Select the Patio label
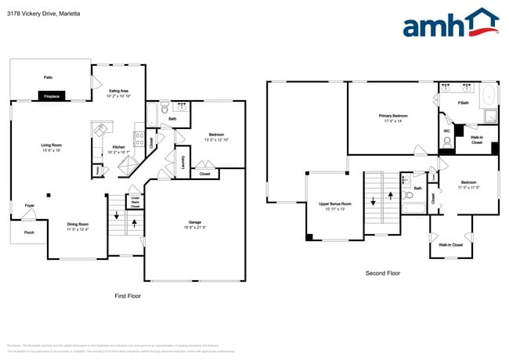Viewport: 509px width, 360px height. [x=49, y=77]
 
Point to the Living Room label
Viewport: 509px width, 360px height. [x=52, y=145]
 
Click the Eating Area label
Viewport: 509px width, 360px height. [x=119, y=91]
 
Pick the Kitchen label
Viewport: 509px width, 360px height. [x=118, y=147]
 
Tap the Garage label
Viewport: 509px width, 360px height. [x=195, y=222]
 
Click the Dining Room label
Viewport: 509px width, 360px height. [x=78, y=225]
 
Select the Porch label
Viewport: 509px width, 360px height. [x=29, y=232]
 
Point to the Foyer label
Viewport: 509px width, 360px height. [x=29, y=206]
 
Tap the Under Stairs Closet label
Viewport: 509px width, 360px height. [x=135, y=201]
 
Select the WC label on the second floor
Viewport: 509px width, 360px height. [x=446, y=131]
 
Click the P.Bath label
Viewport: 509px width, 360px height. [x=464, y=103]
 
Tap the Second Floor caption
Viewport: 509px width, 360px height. [x=383, y=273]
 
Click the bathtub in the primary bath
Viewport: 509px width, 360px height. [x=488, y=95]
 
